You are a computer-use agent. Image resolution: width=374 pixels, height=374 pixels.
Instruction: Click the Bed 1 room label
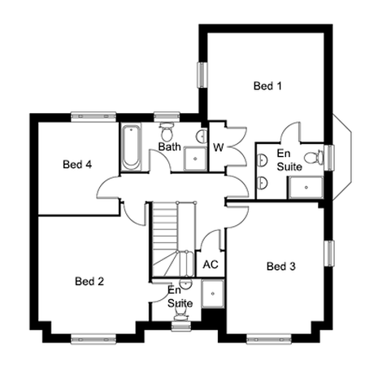pyautogui.click(x=267, y=86)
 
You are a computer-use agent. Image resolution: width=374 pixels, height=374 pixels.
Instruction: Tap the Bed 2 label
pyautogui.click(x=89, y=281)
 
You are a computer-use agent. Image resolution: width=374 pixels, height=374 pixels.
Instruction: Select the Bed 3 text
pyautogui.click(x=281, y=266)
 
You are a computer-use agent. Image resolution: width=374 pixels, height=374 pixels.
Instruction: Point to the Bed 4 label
pyautogui.click(x=77, y=164)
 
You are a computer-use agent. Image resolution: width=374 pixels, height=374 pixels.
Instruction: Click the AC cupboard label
pyautogui.click(x=211, y=264)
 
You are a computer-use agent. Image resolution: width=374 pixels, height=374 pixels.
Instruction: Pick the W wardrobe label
pyautogui.click(x=219, y=147)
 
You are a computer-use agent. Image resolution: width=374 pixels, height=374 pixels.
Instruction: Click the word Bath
pyautogui.click(x=169, y=146)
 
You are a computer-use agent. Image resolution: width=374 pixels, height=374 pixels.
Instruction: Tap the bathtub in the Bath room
pyautogui.click(x=131, y=147)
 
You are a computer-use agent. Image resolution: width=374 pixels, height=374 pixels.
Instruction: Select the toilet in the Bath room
pyautogui.click(x=167, y=132)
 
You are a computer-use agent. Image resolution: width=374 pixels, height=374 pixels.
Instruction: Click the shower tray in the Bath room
pyautogui.click(x=195, y=159)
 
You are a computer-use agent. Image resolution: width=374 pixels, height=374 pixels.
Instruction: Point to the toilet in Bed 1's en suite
pyautogui.click(x=314, y=158)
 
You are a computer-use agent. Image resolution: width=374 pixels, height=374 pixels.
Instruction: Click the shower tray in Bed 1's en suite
pyautogui.click(x=306, y=187)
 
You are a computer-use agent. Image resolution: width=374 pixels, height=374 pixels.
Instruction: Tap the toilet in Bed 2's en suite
pyautogui.click(x=180, y=315)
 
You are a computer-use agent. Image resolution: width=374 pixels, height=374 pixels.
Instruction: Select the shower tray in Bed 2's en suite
pyautogui.click(x=213, y=294)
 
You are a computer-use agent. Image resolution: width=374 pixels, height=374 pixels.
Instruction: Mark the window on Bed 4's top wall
pyautogui.click(x=93, y=116)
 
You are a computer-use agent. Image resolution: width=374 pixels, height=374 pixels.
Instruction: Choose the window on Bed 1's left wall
pyautogui.click(x=202, y=75)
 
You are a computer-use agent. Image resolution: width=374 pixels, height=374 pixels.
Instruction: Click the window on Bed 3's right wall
pyautogui.click(x=329, y=254)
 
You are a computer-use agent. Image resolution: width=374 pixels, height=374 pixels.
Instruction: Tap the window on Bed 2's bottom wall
pyautogui.click(x=93, y=339)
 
